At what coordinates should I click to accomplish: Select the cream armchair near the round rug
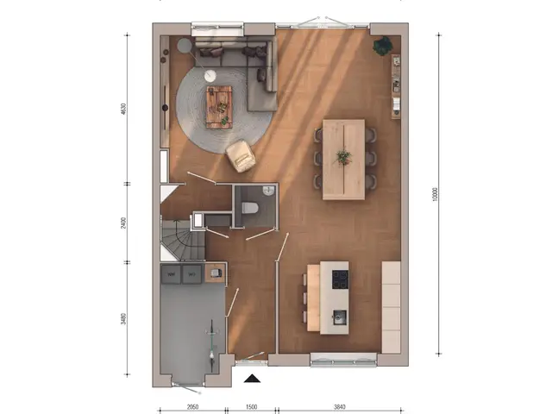pyautogui.click(x=241, y=155)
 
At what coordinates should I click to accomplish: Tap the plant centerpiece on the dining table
pyautogui.click(x=343, y=157)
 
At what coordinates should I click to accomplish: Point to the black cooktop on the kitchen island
pyautogui.click(x=339, y=279)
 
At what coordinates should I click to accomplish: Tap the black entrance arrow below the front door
pyautogui.click(x=252, y=377)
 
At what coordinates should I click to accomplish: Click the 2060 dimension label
pyautogui.click(x=193, y=405)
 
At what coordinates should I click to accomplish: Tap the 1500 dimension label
pyautogui.click(x=251, y=405)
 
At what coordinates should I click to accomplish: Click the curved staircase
pyautogui.click(x=179, y=239)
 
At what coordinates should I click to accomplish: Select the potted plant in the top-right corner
pyautogui.click(x=382, y=45)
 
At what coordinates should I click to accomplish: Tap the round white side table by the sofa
pyautogui.click(x=210, y=76)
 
